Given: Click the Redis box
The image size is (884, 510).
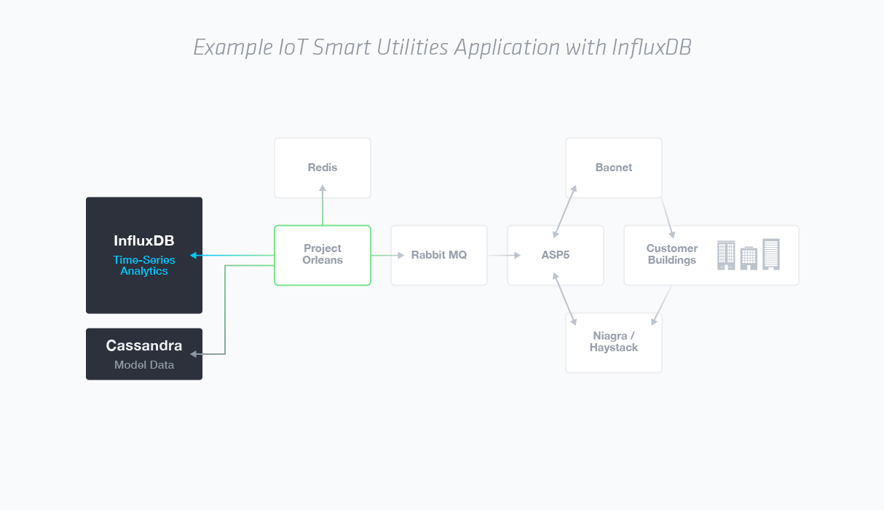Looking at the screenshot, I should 323,168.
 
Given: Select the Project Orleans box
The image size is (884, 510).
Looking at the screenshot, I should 323,254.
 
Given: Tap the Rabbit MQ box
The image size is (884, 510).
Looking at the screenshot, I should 438,255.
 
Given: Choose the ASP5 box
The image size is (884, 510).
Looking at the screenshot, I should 555,255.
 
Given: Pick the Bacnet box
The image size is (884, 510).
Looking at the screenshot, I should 613,168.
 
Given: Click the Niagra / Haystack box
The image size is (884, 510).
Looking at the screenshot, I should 613,342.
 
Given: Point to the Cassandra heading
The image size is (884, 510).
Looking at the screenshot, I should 144,345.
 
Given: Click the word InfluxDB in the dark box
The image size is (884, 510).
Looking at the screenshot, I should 144,240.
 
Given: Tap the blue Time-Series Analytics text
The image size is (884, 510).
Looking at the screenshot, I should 144,265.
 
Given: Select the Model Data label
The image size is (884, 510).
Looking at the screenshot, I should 144,365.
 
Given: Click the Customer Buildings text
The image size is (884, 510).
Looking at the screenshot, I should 671,254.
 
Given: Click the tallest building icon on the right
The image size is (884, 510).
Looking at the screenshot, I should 770,254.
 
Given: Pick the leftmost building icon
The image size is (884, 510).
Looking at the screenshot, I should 726,256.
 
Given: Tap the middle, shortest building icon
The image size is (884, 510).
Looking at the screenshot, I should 749,259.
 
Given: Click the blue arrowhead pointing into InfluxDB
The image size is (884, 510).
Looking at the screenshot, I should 194,255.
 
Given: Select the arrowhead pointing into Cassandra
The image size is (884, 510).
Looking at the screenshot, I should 194,354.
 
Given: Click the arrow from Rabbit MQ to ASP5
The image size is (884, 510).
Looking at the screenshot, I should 504,255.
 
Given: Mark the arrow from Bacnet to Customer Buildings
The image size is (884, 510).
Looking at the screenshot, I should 667,217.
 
